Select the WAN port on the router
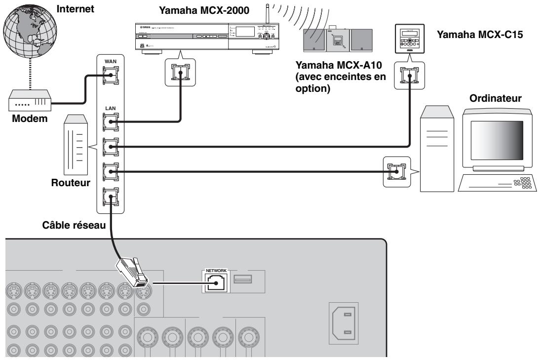pyautogui.click(x=110, y=80)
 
